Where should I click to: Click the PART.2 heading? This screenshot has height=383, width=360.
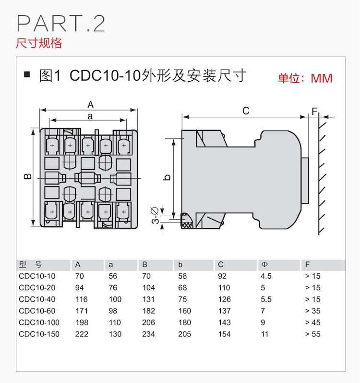[x=60, y=24]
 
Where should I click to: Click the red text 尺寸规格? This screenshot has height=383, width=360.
[x=39, y=43]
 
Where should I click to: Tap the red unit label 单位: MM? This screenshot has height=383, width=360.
[x=305, y=78]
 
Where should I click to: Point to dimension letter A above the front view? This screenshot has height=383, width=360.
[x=90, y=105]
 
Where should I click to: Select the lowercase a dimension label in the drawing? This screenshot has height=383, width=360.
[x=90, y=116]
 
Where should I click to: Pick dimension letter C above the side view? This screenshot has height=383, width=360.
[x=246, y=111]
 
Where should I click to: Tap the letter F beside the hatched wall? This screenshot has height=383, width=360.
[x=314, y=111]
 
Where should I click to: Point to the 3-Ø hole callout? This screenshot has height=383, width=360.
[x=156, y=215]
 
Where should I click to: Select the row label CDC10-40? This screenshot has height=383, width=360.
[x=37, y=299]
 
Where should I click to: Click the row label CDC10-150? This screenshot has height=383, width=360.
[x=39, y=334]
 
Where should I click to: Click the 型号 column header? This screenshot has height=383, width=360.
[x=31, y=265]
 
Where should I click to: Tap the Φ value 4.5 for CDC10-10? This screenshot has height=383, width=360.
[x=266, y=276]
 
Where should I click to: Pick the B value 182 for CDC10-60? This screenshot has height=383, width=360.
[x=149, y=311]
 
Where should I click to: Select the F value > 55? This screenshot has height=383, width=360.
[x=312, y=334]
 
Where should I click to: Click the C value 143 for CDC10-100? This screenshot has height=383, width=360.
[x=224, y=322]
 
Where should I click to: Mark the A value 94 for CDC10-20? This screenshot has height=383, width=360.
[x=82, y=288]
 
